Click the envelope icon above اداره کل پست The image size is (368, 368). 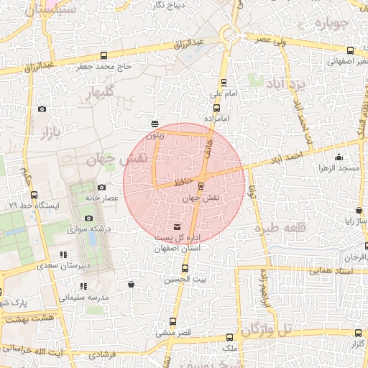pyautogui.click(x=178, y=227)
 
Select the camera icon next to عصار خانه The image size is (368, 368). pyautogui.click(x=101, y=188)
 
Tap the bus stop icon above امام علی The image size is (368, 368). pyautogui.click(x=224, y=83)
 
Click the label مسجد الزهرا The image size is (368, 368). pyautogui.click(x=339, y=168)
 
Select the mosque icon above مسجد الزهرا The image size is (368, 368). pyautogui.click(x=339, y=157)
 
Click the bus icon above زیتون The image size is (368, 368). pyautogui.click(x=156, y=124)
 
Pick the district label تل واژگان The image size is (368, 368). pyautogui.click(x=268, y=329)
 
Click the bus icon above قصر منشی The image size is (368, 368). pyautogui.click(x=172, y=321)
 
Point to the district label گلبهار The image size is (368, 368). pyautogui.click(x=104, y=93)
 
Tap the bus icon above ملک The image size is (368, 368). pyautogui.click(x=229, y=337)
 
